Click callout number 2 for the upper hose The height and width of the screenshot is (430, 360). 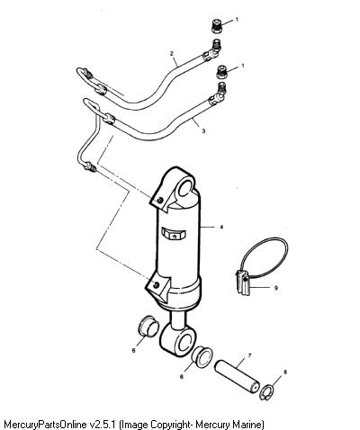(172, 54)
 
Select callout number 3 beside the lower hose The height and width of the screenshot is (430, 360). (203, 130)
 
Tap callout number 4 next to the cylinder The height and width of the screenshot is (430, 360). (221, 227)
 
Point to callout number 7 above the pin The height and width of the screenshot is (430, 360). (249, 356)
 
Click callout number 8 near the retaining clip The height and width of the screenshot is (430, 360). (285, 372)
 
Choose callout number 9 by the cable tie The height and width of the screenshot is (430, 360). (276, 288)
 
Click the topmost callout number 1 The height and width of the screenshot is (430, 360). (237, 20)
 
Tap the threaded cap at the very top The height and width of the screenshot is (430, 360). (216, 26)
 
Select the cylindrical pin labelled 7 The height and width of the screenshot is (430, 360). (237, 373)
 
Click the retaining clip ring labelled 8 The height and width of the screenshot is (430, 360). (265, 393)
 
